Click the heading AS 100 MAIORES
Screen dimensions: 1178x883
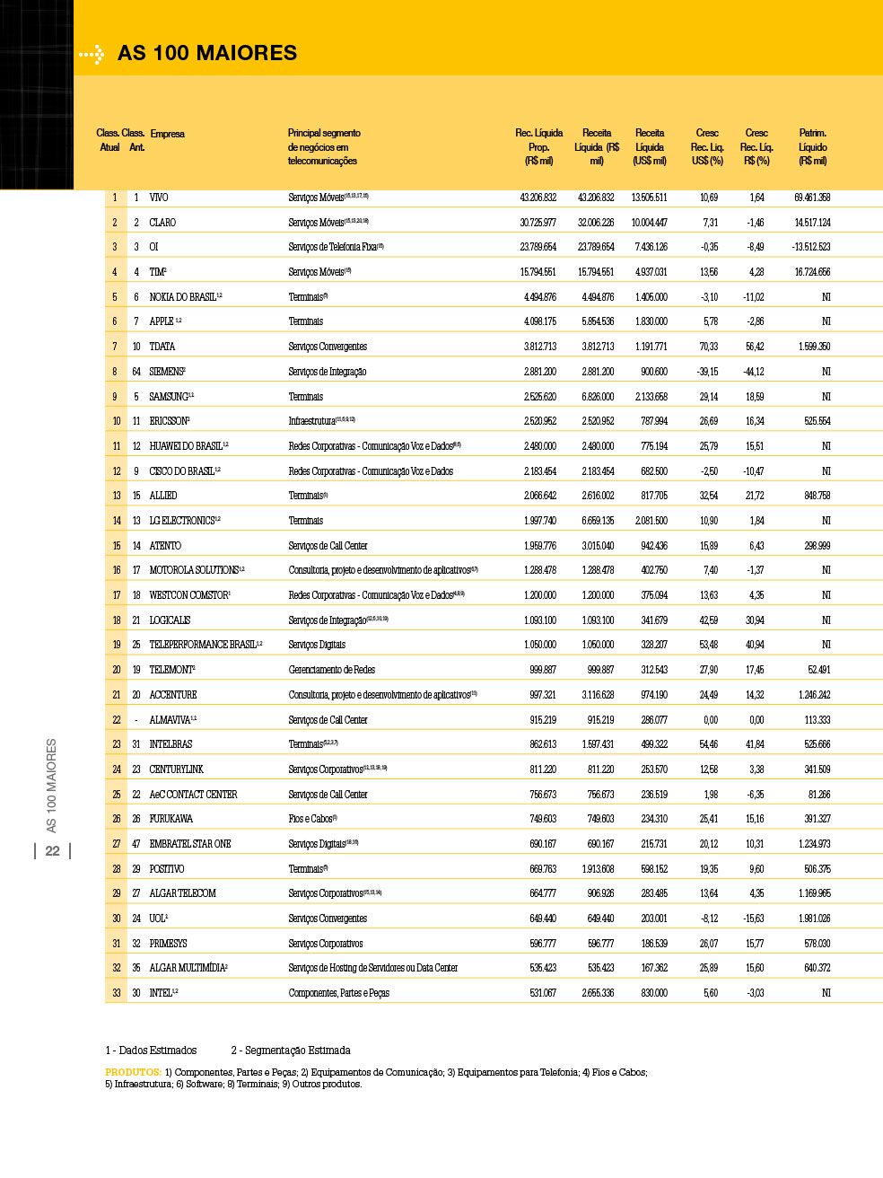coord(206,53)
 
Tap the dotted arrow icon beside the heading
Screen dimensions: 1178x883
coord(92,55)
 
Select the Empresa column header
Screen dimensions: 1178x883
coord(167,134)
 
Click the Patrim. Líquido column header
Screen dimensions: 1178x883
coord(812,146)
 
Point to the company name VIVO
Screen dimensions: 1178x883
coord(159,198)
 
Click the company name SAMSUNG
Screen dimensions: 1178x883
coord(169,397)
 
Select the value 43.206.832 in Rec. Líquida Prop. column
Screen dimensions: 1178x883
coord(538,198)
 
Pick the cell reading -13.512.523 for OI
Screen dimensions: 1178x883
coord(811,247)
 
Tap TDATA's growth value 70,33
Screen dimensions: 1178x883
coord(708,347)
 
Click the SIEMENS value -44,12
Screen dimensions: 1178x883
coord(755,372)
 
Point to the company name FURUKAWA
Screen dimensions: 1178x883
coord(171,819)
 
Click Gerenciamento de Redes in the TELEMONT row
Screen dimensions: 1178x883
coord(332,670)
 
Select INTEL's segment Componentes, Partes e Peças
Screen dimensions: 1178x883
coord(338,993)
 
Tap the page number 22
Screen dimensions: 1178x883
coord(53,851)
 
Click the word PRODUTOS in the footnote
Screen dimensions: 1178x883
coord(133,1072)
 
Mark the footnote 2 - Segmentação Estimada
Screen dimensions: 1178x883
coord(291,1051)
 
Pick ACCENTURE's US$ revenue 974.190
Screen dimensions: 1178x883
coord(650,695)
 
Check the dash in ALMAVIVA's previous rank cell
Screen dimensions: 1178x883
coord(136,720)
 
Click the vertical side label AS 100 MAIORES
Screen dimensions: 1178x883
coord(52,786)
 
